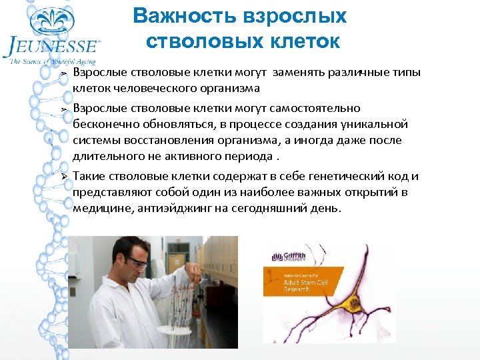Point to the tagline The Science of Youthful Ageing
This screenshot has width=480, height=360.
(x=52, y=62)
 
